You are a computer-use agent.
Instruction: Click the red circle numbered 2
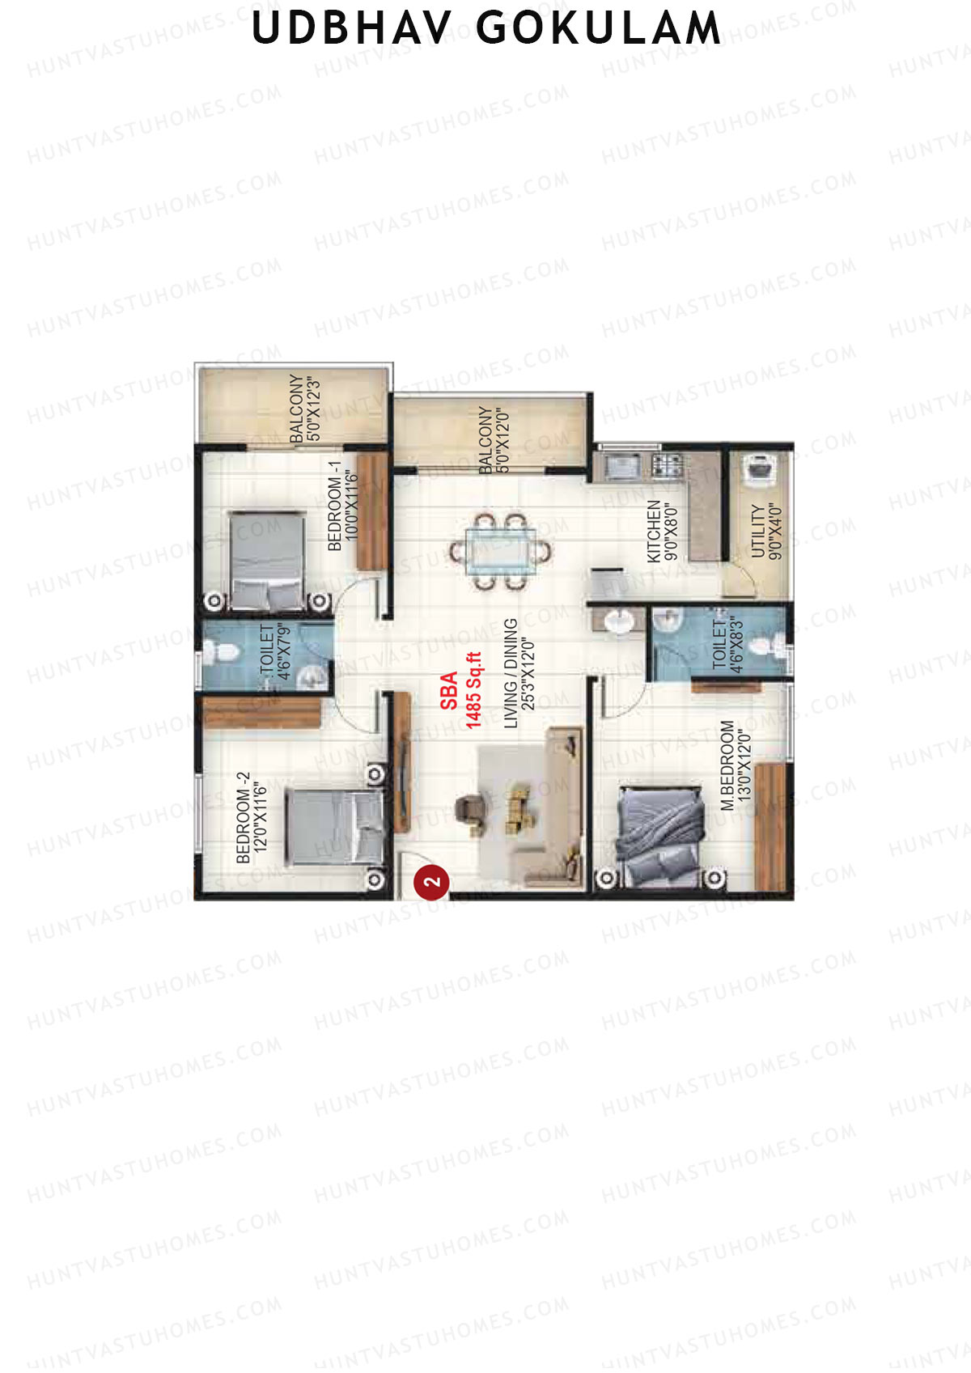(431, 882)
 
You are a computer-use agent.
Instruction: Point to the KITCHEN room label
(662, 531)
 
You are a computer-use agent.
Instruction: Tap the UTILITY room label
(767, 531)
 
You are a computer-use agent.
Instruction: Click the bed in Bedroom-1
(267, 560)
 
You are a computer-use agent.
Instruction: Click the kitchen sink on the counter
(621, 467)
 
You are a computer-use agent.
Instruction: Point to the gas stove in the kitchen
(666, 466)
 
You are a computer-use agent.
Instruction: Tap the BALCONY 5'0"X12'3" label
(305, 408)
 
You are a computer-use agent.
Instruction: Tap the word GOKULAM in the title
(598, 28)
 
